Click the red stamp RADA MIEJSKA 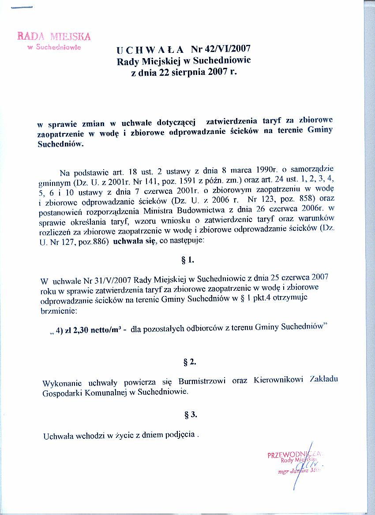click(54, 36)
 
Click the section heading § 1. click(188, 259)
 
